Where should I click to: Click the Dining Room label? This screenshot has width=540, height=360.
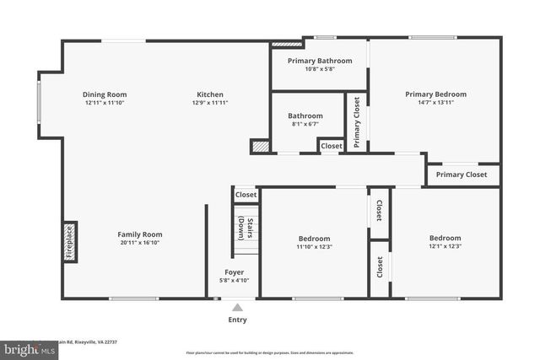[104, 94]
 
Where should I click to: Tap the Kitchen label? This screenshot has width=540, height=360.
[210, 94]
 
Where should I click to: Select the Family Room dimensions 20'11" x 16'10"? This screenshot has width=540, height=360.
[140, 243]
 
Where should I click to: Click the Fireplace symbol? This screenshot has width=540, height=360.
[70, 241]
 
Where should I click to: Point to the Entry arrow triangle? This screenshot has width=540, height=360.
[237, 307]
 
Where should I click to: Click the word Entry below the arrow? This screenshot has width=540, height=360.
[237, 320]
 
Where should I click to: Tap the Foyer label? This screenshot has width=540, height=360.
[234, 271]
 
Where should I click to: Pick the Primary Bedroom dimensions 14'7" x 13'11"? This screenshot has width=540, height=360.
[435, 103]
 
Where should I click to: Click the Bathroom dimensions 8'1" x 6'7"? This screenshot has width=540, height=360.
[305, 124]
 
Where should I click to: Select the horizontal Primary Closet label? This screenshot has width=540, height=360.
[462, 175]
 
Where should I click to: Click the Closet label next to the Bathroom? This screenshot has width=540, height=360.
[332, 146]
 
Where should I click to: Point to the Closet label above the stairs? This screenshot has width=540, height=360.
[246, 195]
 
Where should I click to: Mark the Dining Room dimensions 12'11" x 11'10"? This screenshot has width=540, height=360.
[104, 103]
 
